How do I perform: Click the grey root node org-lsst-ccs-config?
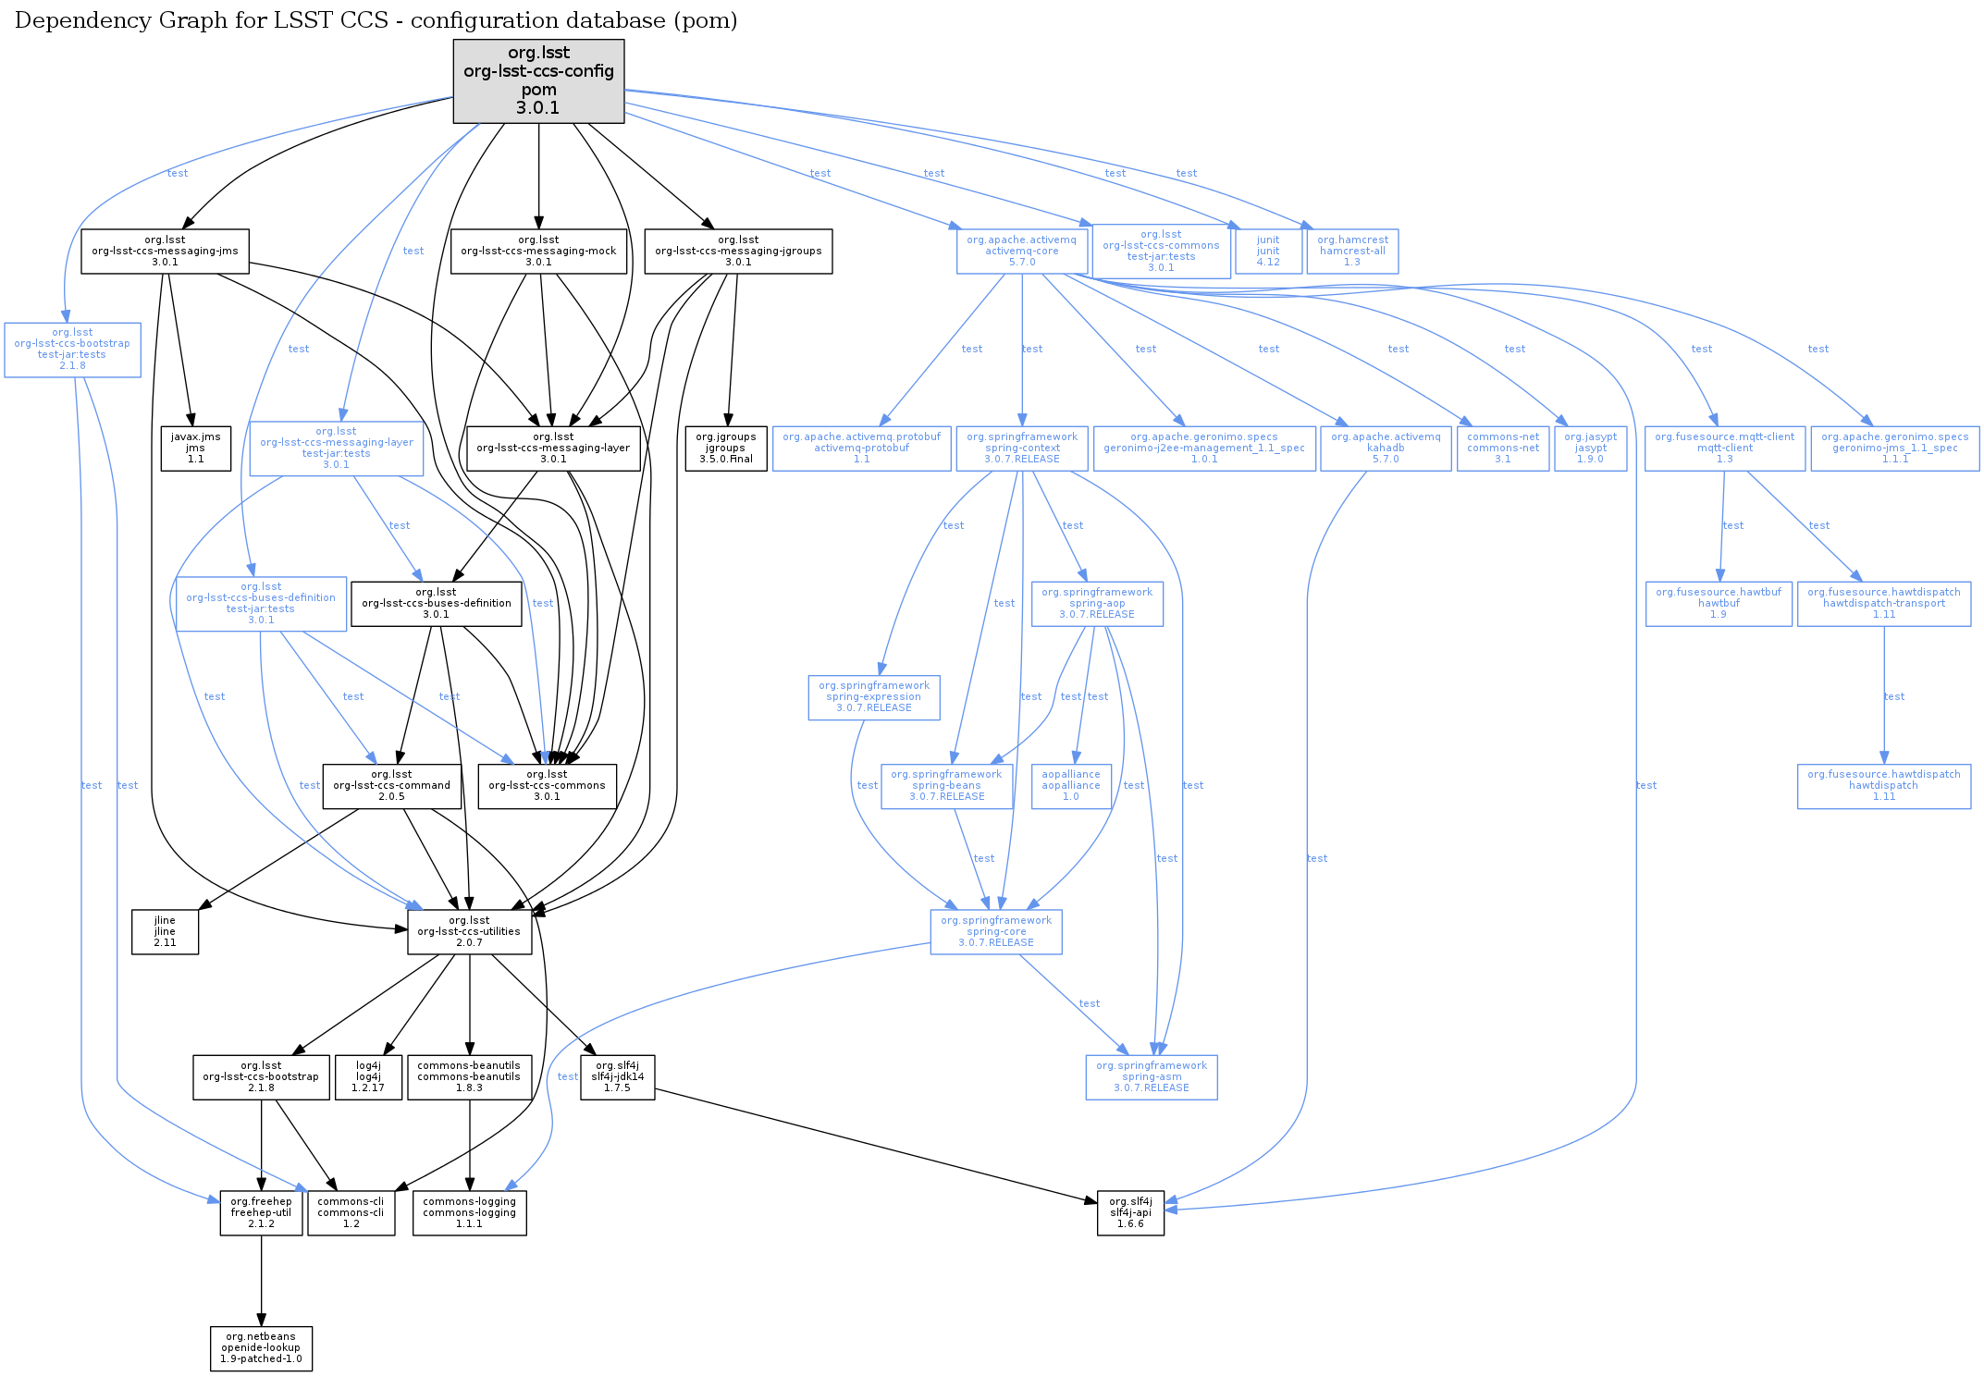(538, 80)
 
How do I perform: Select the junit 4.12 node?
(1268, 252)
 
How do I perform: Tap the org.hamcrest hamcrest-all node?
(1352, 252)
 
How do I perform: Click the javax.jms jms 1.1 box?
(195, 448)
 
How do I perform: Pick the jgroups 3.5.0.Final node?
(725, 448)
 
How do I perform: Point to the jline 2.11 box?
(165, 932)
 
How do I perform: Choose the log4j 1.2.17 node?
(368, 1077)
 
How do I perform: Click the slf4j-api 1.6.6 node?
(1130, 1213)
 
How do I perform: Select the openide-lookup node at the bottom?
(261, 1348)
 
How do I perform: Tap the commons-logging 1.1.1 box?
(469, 1213)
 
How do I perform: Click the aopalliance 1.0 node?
(1071, 786)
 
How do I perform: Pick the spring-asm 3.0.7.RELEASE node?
(1152, 1077)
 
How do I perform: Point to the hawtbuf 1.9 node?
(1719, 604)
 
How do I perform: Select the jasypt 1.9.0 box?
(1590, 448)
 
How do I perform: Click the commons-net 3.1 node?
(1503, 448)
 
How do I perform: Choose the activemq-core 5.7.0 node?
(1021, 252)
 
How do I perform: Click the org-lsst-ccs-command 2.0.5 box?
(391, 786)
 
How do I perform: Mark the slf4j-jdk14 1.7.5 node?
(617, 1077)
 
